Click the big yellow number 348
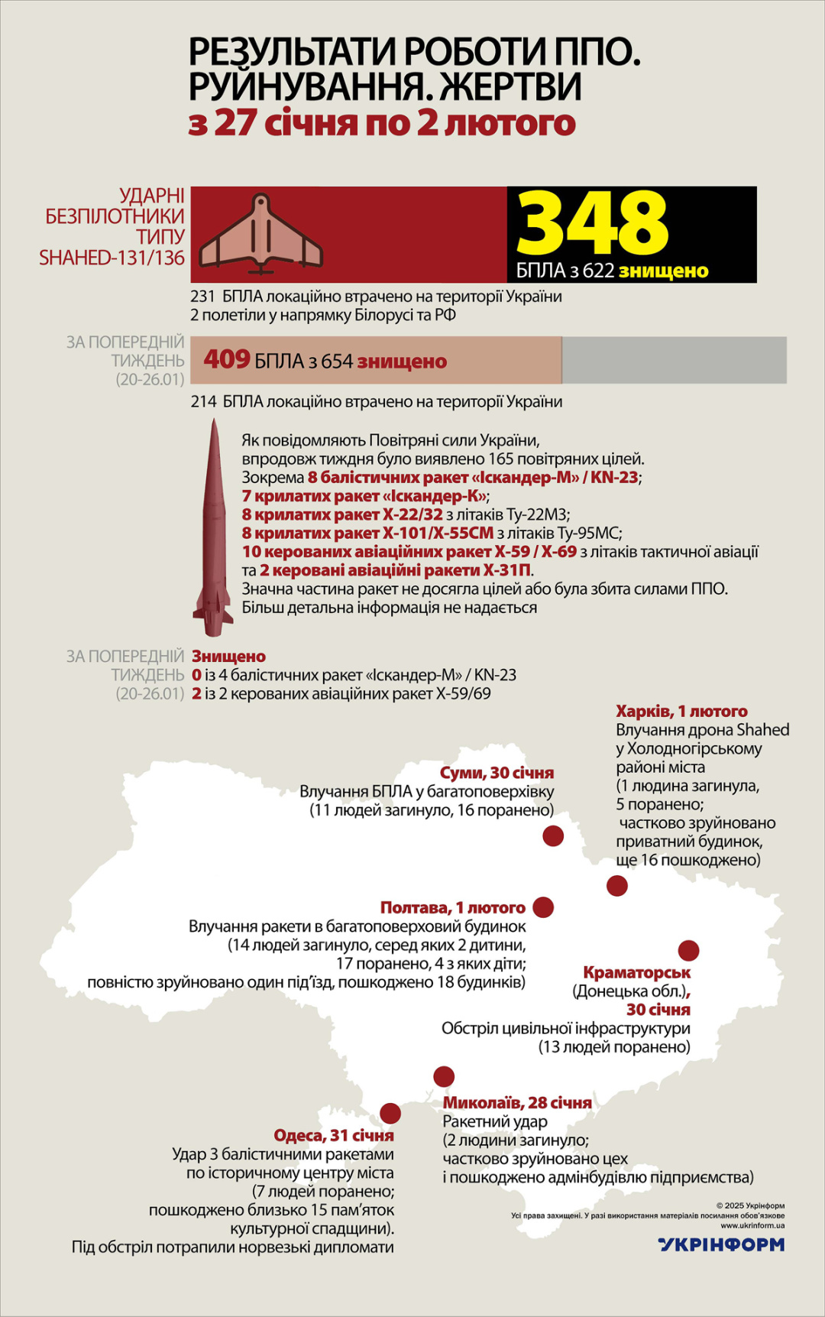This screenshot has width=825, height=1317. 593,223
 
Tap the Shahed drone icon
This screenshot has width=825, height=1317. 261,235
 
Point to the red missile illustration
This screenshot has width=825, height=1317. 213,527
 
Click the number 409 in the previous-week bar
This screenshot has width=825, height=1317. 227,359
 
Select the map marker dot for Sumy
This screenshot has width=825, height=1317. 553,835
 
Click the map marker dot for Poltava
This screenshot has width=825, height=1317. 543,907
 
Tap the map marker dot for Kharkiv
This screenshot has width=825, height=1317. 617,886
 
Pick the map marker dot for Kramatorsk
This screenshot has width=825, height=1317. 688,950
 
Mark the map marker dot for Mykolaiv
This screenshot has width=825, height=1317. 444,1076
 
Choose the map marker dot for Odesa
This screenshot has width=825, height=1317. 390,1112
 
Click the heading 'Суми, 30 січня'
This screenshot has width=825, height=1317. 497,773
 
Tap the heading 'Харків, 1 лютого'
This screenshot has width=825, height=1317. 681,711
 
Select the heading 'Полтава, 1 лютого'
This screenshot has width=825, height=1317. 453,907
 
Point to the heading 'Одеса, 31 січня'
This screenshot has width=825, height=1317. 334,1135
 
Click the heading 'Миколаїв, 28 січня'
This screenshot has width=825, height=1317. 517,1102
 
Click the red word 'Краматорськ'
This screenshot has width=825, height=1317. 636,972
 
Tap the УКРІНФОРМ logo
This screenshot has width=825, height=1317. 721,1244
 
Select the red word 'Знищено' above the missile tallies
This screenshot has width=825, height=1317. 228,656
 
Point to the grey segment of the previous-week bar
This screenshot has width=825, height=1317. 674,359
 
